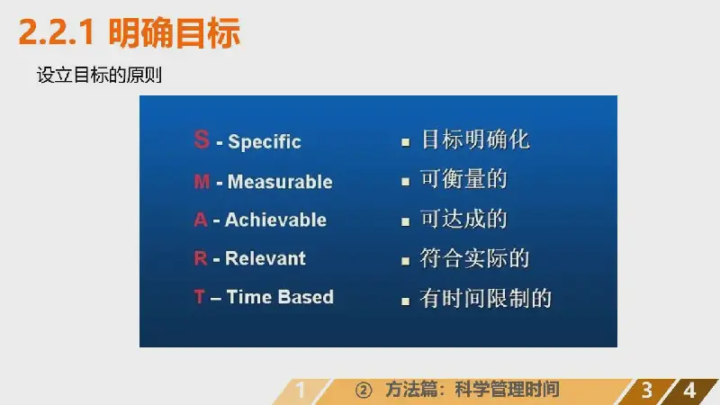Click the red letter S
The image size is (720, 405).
point(202,139)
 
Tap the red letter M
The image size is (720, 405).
point(202,182)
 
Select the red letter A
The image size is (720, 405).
point(201,220)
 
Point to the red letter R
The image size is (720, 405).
point(201,258)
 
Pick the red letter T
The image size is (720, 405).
point(199,297)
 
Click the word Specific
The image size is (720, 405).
point(265,142)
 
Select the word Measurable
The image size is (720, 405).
point(280,182)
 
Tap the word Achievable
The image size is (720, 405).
point(275,220)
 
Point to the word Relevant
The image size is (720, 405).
point(265,258)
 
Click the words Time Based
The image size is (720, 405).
point(280,297)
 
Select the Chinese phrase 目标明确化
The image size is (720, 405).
point(475,139)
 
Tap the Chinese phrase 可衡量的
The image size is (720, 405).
point(463,178)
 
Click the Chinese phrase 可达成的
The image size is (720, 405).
point(463,219)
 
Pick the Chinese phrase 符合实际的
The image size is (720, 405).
point(475,258)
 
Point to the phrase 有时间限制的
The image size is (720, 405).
point(486,298)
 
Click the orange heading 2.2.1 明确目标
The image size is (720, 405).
point(129,32)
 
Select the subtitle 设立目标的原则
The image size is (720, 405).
point(99,75)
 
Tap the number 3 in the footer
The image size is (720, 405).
point(646,391)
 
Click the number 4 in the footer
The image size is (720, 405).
point(689,391)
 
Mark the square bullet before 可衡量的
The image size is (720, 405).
point(406,182)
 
